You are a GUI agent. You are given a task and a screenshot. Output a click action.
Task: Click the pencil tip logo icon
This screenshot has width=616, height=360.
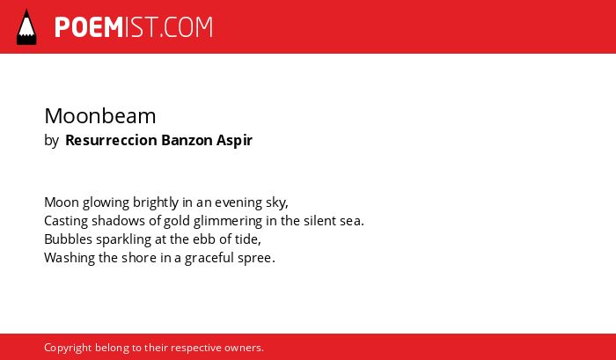[x=26, y=26]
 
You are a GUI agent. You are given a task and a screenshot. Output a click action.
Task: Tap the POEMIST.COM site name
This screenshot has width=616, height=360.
[x=134, y=27]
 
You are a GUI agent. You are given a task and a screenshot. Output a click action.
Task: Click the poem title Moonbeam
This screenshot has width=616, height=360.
[x=100, y=116]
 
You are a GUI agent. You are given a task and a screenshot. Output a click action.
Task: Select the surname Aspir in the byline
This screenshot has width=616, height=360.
[x=234, y=140]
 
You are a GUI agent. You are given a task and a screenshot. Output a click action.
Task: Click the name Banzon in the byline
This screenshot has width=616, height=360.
[x=187, y=140]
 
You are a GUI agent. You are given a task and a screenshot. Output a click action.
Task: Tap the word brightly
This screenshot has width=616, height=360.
[x=156, y=202]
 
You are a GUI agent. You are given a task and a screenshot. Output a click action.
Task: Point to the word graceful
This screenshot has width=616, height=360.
[x=209, y=258]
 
